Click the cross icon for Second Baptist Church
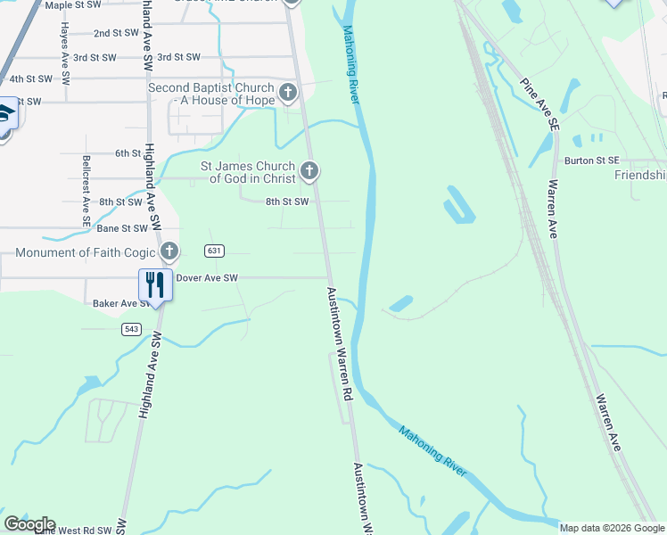(x=287, y=92)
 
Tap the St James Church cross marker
(x=309, y=170)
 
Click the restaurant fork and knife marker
(x=155, y=285)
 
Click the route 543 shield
(x=131, y=329)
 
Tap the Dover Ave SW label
(x=207, y=278)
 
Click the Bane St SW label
(x=122, y=229)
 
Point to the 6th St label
(x=128, y=153)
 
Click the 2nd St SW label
(x=117, y=33)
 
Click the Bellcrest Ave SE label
(x=86, y=184)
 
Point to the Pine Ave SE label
(x=541, y=105)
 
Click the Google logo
(x=29, y=524)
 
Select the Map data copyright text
(x=612, y=528)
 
